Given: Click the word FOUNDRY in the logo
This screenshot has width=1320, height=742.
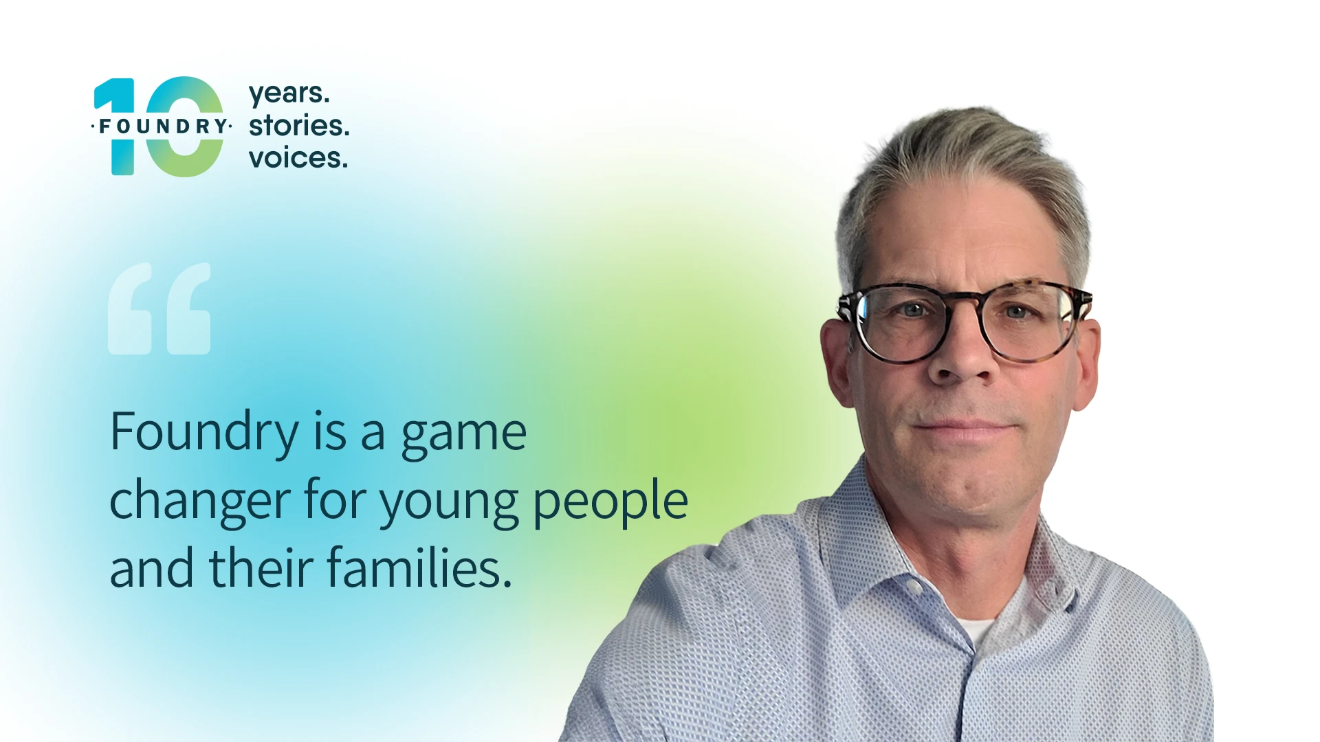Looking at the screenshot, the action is coord(162,126).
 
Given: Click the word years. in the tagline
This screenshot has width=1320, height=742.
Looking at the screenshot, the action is coord(289,94).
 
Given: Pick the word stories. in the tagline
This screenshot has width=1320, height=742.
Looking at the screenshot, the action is coord(299,126).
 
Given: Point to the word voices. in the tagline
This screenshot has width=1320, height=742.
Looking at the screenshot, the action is coord(298,158).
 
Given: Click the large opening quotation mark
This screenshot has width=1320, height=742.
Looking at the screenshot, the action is coord(159,308).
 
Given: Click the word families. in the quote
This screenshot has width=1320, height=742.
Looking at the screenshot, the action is coord(419,568).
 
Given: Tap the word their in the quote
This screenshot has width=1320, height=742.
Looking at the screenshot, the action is coord(261,568).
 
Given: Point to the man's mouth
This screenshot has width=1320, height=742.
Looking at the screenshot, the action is coord(965,427).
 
